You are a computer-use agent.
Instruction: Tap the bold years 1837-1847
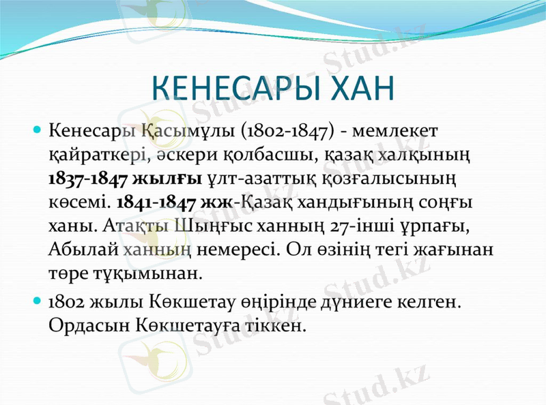[x=87, y=179]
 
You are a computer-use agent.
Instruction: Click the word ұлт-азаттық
[x=260, y=179]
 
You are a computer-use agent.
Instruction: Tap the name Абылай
[x=76, y=250]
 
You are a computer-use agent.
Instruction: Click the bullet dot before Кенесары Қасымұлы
[x=38, y=130]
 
